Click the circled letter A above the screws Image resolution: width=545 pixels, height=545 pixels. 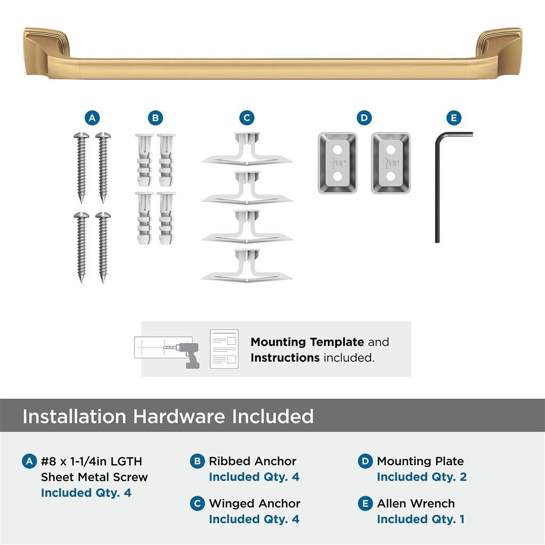pyautogui.click(x=93, y=118)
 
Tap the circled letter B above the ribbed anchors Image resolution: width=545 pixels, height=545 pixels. pyautogui.click(x=155, y=118)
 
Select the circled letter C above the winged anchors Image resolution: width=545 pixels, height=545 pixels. pyautogui.click(x=246, y=118)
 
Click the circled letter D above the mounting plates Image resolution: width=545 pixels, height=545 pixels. pyautogui.click(x=364, y=118)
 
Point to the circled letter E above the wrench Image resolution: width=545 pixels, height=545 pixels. pyautogui.click(x=453, y=118)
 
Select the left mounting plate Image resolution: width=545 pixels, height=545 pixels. pyautogui.click(x=337, y=163)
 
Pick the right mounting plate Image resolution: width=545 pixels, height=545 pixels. pyautogui.click(x=391, y=163)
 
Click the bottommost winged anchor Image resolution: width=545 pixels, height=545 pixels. pyautogui.click(x=246, y=266)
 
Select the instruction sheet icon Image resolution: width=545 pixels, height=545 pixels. pyautogui.click(x=224, y=349)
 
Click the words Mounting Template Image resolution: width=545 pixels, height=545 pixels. pyautogui.click(x=307, y=342)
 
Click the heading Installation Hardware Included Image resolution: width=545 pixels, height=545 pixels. pyautogui.click(x=168, y=416)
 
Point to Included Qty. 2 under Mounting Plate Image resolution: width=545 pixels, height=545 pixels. pyautogui.click(x=422, y=477)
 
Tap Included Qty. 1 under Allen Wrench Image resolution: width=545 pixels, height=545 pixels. pyautogui.click(x=420, y=519)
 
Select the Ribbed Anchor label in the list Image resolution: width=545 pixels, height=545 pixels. pyautogui.click(x=252, y=461)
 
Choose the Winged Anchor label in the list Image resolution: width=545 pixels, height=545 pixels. pyautogui.click(x=254, y=503)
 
